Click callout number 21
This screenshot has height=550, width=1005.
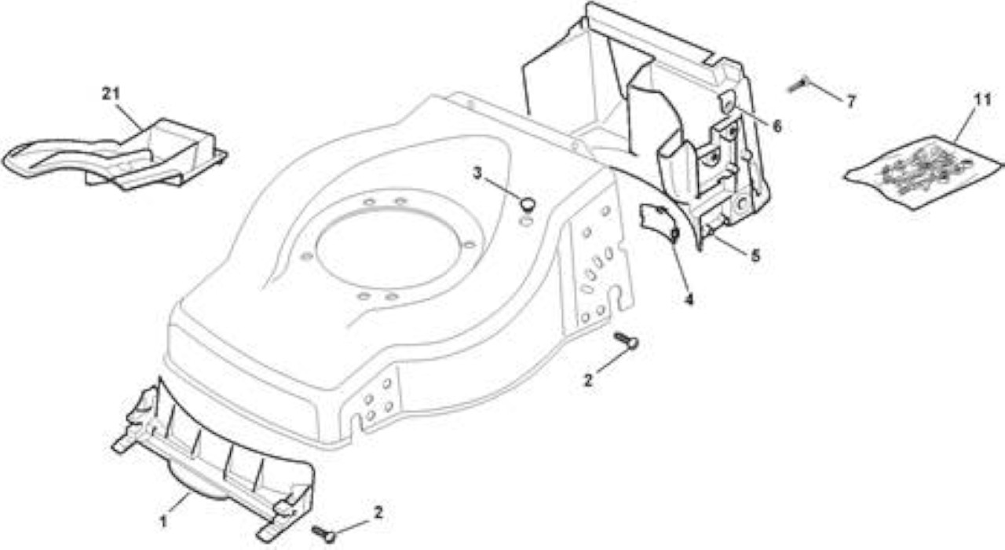click(111, 93)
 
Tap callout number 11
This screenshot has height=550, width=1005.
click(982, 100)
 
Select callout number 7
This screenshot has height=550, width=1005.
click(851, 101)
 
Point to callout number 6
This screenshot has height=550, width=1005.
click(777, 126)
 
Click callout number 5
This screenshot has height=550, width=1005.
click(755, 256)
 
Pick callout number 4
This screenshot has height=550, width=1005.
click(689, 299)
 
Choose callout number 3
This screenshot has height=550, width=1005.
click(477, 174)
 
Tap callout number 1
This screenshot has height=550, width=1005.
click(164, 522)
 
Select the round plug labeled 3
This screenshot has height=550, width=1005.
click(528, 203)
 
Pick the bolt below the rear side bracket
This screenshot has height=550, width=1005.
click(627, 341)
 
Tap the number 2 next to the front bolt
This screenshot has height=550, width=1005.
click(378, 512)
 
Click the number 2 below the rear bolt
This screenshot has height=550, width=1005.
click(588, 380)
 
